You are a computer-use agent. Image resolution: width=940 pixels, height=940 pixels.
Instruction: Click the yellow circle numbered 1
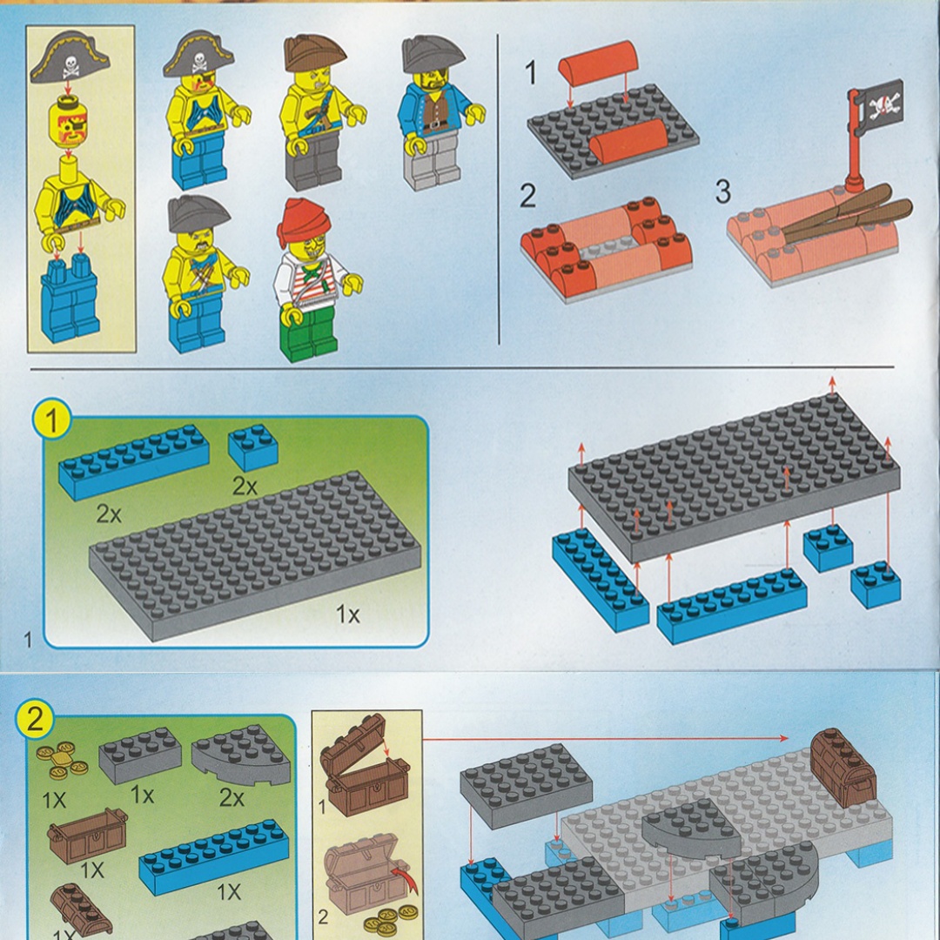[52, 419]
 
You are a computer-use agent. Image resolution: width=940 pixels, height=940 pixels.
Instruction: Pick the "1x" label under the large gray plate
[347, 614]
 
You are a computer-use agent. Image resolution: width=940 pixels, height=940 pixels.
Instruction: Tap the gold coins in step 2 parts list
[62, 759]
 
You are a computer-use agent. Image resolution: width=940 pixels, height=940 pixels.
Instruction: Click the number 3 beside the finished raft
[723, 191]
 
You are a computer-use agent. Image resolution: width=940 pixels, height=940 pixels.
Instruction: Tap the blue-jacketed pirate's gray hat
[433, 54]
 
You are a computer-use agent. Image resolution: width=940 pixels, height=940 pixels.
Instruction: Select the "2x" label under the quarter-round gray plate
[232, 797]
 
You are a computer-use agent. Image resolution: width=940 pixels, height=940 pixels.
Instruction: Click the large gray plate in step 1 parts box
[255, 554]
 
